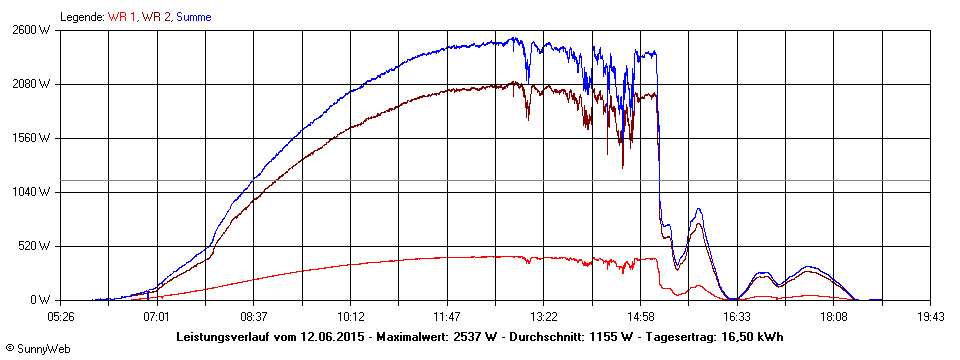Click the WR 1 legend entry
point(124,17)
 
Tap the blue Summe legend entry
point(194,17)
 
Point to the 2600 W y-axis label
point(31,30)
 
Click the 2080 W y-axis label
point(31,84)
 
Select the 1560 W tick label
point(31,138)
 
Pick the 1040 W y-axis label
point(31,192)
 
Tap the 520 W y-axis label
point(34,246)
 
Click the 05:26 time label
point(60,315)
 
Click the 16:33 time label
point(737,315)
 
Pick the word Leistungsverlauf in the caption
point(223,337)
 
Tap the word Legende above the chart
point(81,17)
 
